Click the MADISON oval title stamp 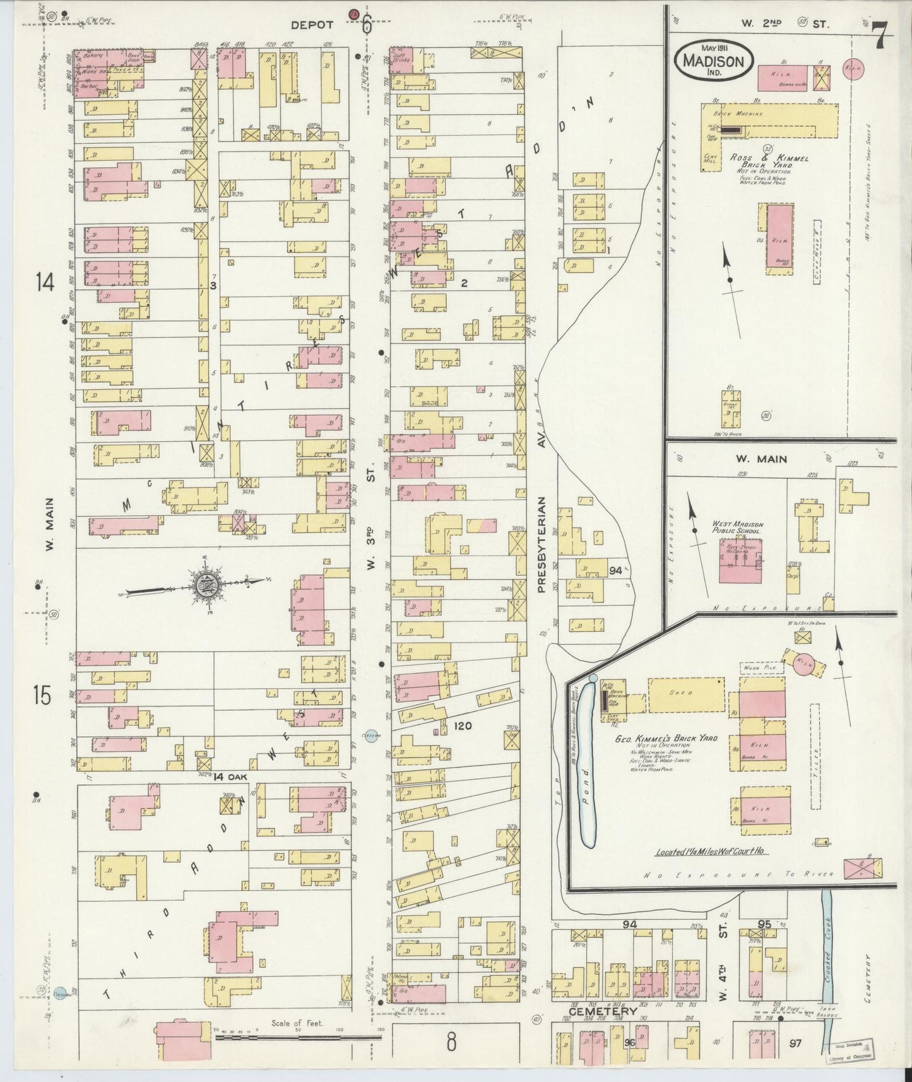point(713,61)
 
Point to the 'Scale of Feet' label point(297,1023)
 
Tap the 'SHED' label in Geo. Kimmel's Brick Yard point(685,694)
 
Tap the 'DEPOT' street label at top point(312,25)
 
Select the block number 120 point(463,727)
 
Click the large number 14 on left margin point(45,283)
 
